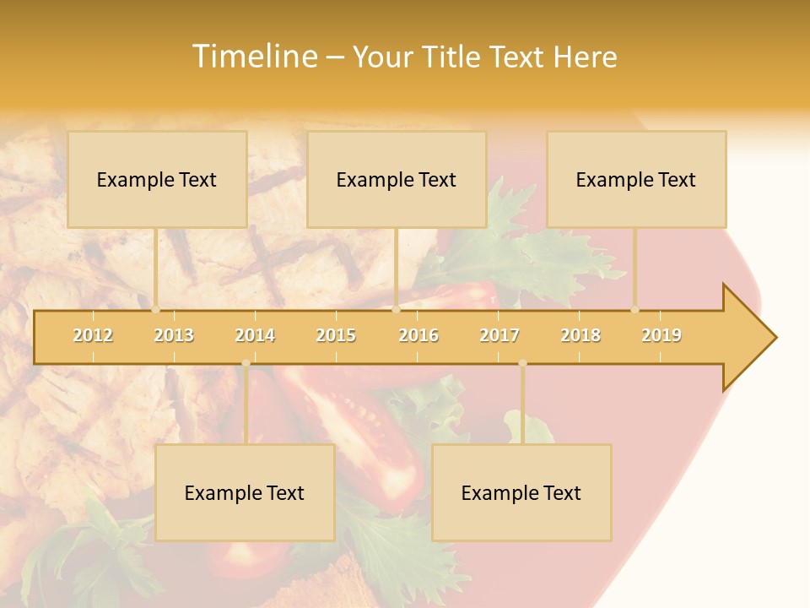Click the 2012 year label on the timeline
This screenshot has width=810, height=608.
point(93,335)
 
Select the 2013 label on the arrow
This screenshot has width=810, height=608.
point(174,335)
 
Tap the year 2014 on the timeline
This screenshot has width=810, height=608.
point(255,335)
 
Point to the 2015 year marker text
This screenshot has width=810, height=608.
point(336,335)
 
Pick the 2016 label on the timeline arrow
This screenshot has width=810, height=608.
point(418,335)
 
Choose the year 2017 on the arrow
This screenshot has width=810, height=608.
point(499,335)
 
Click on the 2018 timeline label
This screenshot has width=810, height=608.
point(580,335)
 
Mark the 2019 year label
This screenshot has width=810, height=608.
point(661,335)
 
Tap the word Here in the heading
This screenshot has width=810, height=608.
point(585,57)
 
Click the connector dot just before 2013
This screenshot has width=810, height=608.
point(155,310)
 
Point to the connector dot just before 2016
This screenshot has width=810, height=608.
point(396,310)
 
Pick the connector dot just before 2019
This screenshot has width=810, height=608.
point(635,310)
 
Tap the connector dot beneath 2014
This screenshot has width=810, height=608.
point(246,363)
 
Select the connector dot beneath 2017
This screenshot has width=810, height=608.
point(522,363)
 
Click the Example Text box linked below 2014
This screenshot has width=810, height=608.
point(245,492)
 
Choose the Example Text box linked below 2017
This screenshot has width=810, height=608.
point(521,492)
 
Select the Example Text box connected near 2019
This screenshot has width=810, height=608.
point(636,179)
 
